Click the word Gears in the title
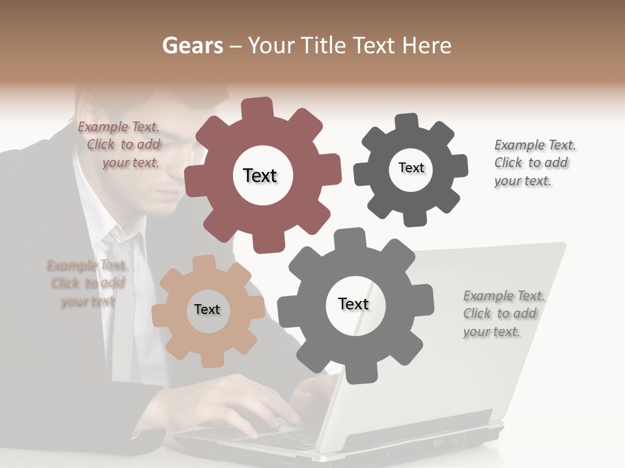(192, 45)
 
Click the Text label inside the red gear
(260, 175)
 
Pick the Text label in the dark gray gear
(411, 168)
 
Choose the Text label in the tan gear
(207, 309)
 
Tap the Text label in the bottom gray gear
(354, 304)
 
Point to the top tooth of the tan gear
(204, 263)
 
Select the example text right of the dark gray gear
(534, 162)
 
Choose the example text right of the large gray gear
(503, 313)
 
